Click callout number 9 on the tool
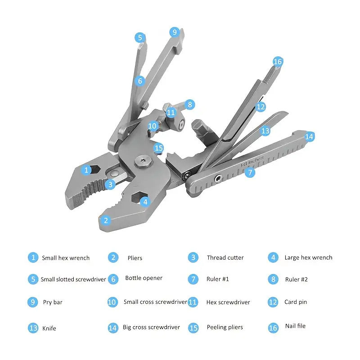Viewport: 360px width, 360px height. [x=175, y=32]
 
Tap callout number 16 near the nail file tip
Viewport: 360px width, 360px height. [x=278, y=62]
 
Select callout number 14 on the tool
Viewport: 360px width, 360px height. [x=309, y=137]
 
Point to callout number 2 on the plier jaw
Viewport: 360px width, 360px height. [x=106, y=220]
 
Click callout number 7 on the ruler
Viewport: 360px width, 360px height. [x=250, y=172]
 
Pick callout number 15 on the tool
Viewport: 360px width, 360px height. [x=159, y=148]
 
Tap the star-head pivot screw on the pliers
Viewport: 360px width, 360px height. [x=144, y=162]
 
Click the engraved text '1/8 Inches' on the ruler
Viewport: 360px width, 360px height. [x=252, y=162]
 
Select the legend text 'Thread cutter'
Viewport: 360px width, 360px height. [x=225, y=257]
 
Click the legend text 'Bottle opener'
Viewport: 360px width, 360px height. [x=144, y=278]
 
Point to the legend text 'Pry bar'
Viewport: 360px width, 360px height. [x=53, y=302]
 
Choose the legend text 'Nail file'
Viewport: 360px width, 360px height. [x=295, y=326]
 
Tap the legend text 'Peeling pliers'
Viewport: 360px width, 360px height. [x=225, y=327]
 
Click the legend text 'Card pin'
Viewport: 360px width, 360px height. [x=296, y=302]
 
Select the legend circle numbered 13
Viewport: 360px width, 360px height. [x=33, y=328]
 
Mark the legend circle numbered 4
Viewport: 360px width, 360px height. [x=273, y=257]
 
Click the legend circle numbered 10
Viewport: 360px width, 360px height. [x=112, y=302]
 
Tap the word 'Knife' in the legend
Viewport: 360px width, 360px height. [x=49, y=328]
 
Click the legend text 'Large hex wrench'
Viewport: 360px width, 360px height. [x=308, y=257]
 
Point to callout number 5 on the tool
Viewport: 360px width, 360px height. [x=140, y=38]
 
